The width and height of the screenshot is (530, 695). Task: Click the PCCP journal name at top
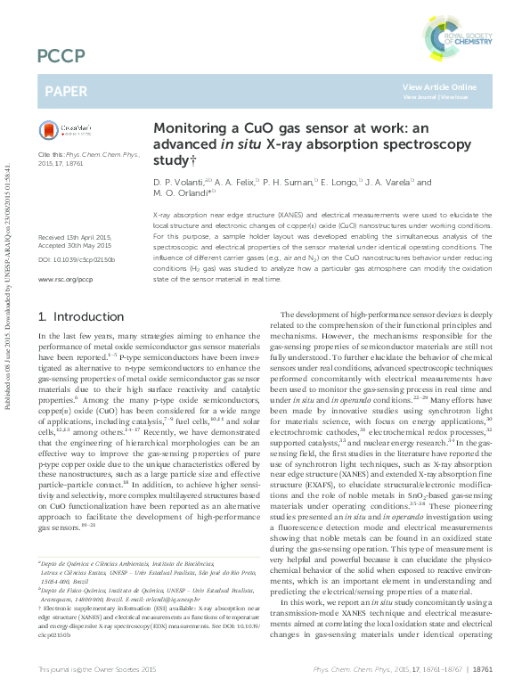(61, 57)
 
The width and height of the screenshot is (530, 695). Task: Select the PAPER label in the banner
(66, 91)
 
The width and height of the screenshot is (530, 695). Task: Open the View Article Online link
(439, 86)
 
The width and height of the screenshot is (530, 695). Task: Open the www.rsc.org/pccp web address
(65, 279)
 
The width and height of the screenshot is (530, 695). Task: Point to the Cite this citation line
(84, 154)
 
